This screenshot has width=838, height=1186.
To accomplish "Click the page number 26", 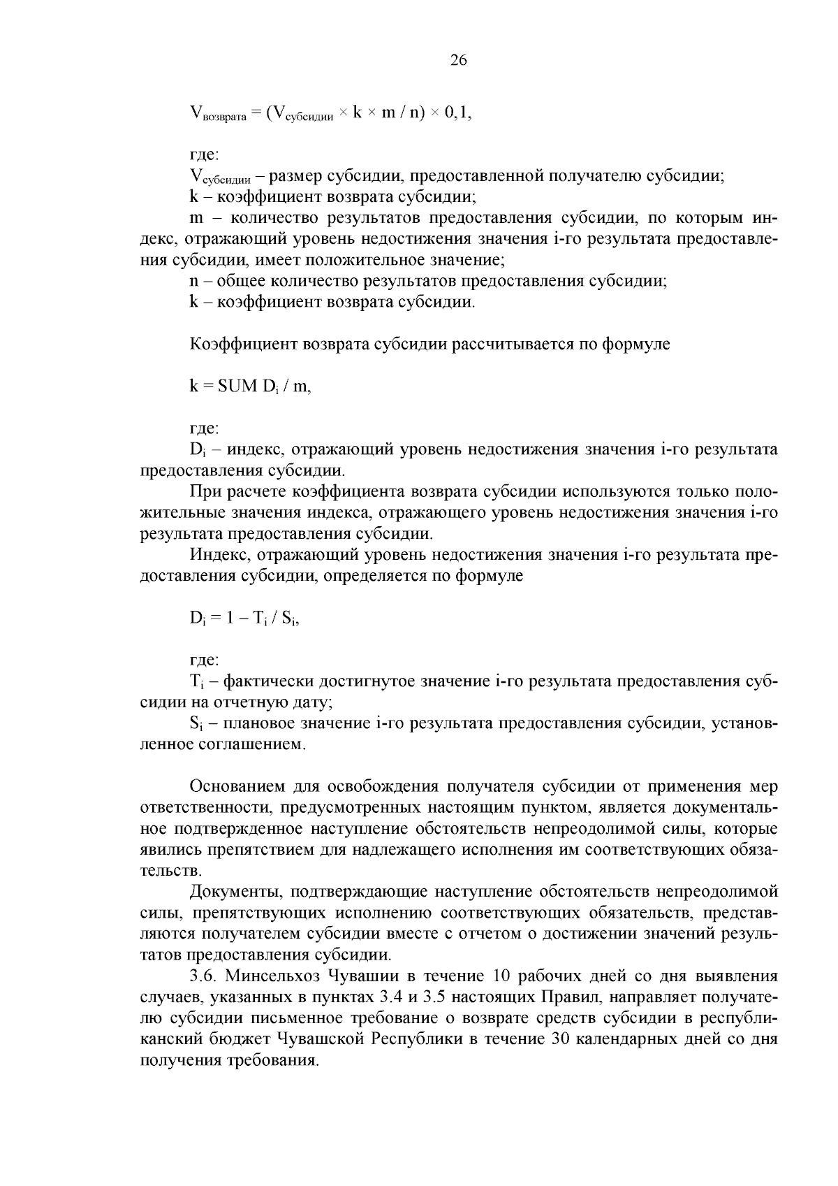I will tap(458, 60).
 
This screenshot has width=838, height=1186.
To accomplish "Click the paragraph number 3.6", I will tap(203, 976).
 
